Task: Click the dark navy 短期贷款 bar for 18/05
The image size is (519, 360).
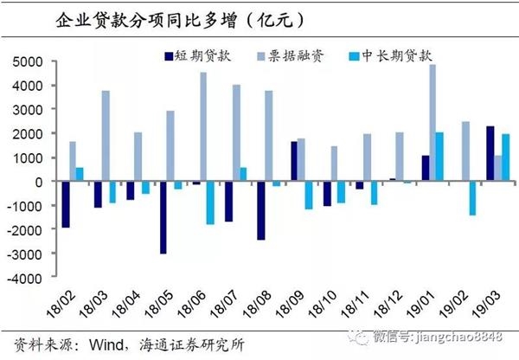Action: [x=163, y=217]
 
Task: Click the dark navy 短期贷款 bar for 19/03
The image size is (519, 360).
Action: [x=490, y=154]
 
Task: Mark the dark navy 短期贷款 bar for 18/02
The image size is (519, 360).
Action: [x=65, y=204]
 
